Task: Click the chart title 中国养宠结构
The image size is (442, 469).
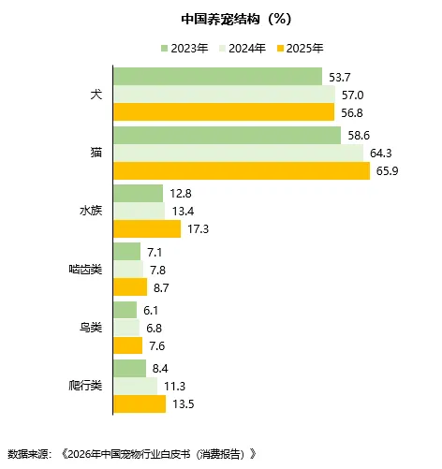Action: pos(220,18)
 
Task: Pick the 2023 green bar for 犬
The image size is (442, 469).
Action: pos(217,77)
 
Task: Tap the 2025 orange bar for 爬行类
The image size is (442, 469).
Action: pos(139,403)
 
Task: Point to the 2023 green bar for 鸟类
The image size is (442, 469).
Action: pos(125,310)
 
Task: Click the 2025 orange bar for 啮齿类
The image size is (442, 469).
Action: pos(129,287)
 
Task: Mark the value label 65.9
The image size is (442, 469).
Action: pos(388,170)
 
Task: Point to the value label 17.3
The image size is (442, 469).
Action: pos(198,228)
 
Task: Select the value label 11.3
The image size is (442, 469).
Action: pos(174,386)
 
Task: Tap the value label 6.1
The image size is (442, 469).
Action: pos(151,310)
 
